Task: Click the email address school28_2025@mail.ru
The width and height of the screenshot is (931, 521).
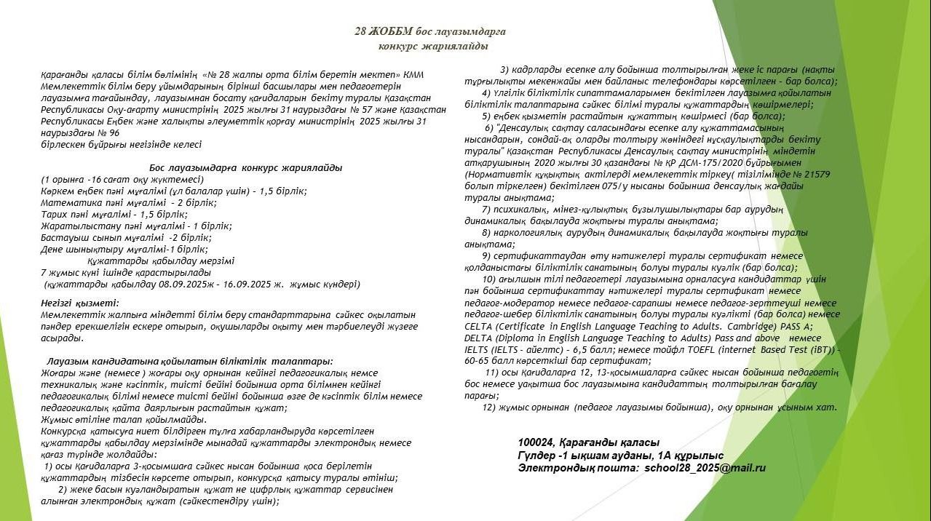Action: coord(705,469)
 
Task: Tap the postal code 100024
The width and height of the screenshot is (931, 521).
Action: coord(536,442)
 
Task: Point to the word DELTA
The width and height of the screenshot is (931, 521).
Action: coord(478,338)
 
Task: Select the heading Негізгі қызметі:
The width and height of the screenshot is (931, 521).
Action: coord(81,302)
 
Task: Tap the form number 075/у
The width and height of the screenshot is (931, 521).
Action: coord(631,186)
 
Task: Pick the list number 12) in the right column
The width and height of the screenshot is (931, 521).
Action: coord(488,407)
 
